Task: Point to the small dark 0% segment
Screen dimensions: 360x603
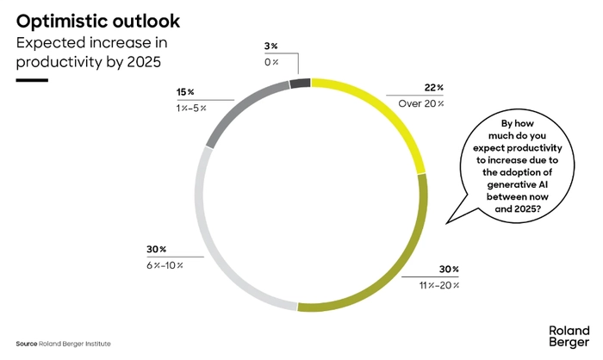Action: [299, 83]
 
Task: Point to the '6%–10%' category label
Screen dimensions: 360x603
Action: [164, 265]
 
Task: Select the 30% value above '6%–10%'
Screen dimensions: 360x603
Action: [156, 250]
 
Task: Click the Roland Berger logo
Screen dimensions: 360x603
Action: [569, 335]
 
